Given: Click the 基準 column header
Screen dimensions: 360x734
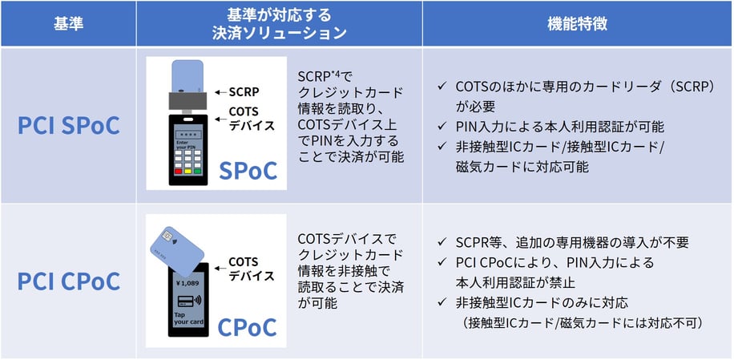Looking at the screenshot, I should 67,23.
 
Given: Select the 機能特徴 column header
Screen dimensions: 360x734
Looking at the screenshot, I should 578,23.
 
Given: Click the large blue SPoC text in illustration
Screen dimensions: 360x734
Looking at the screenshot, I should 248,170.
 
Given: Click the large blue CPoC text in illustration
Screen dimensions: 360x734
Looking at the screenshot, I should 248,326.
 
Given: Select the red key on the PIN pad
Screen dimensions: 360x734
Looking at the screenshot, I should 178,171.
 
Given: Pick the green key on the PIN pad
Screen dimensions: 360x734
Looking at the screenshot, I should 199,171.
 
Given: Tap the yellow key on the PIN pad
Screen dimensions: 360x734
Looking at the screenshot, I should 188,171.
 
